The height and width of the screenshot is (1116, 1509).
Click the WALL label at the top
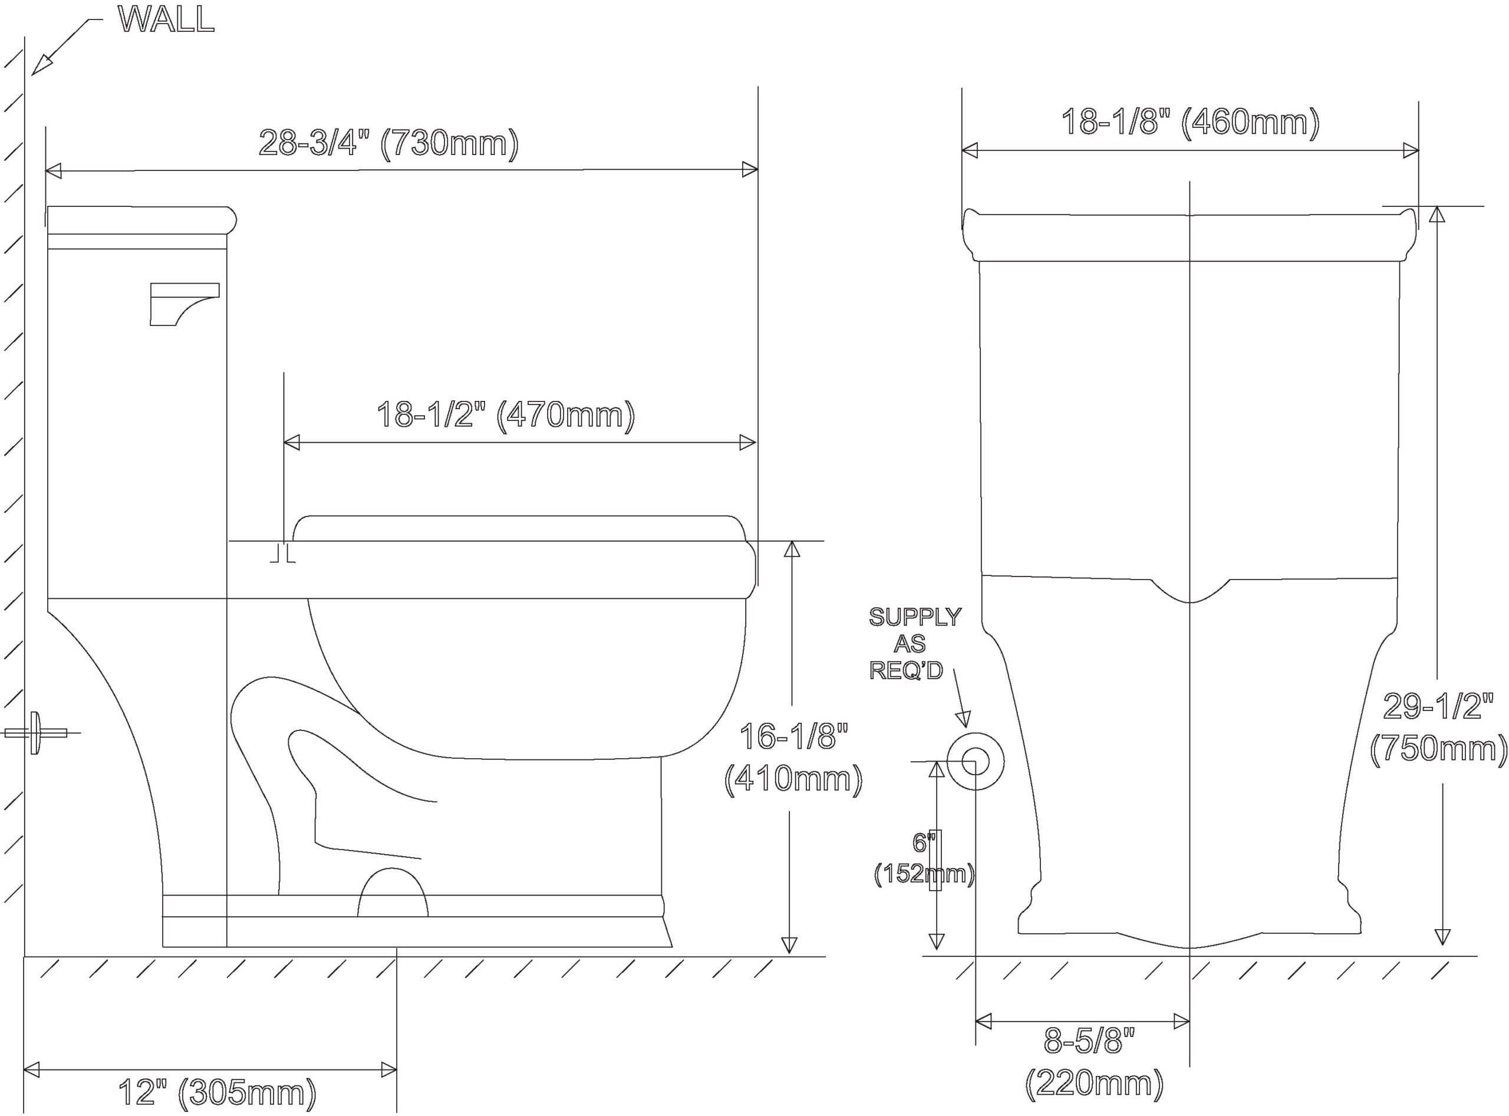(166, 19)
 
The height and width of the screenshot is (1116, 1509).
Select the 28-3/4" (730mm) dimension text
(388, 143)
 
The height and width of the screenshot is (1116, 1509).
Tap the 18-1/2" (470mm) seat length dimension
(505, 415)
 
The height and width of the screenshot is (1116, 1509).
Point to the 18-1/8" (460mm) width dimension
(1190, 122)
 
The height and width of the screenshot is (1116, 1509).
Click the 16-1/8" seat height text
(793, 736)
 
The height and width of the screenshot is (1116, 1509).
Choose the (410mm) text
(793, 779)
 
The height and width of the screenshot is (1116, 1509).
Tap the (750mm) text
(1439, 749)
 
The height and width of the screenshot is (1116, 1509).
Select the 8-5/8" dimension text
(1089, 1041)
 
